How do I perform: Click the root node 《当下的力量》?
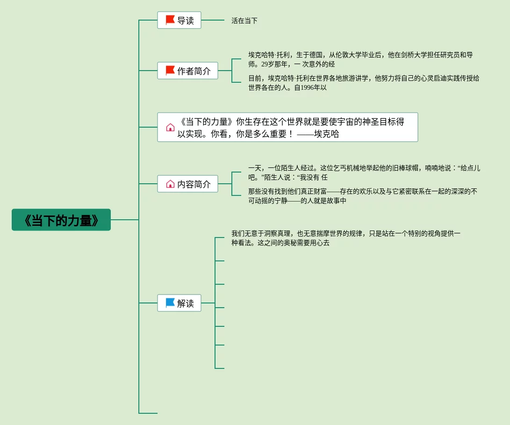61,220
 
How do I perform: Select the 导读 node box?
179,20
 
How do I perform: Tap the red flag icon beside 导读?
170,20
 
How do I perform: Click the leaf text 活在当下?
244,21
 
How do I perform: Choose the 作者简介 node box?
187,71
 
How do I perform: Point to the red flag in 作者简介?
170,71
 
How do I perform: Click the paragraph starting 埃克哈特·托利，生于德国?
360,59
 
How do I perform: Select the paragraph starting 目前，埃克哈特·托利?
363,83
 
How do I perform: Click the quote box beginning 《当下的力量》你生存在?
287,127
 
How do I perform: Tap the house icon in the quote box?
170,127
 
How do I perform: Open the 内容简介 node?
187,184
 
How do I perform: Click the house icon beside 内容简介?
170,184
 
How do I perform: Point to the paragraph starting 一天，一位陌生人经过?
364,173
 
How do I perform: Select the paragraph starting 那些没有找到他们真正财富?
362,196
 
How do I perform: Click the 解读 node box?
179,303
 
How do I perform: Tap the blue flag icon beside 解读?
170,303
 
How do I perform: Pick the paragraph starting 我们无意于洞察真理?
346,238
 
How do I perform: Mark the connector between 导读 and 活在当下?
213,20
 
